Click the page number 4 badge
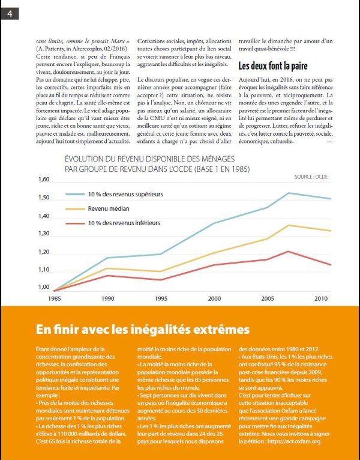10,14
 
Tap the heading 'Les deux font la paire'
273,65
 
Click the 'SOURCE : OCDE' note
311,177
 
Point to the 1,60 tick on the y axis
44,179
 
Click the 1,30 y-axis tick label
44,234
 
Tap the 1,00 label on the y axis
44,287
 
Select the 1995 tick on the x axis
161,298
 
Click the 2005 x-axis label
268,298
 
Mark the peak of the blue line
289,193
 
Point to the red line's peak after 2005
288,252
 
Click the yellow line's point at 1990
108,268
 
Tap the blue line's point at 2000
214,223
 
